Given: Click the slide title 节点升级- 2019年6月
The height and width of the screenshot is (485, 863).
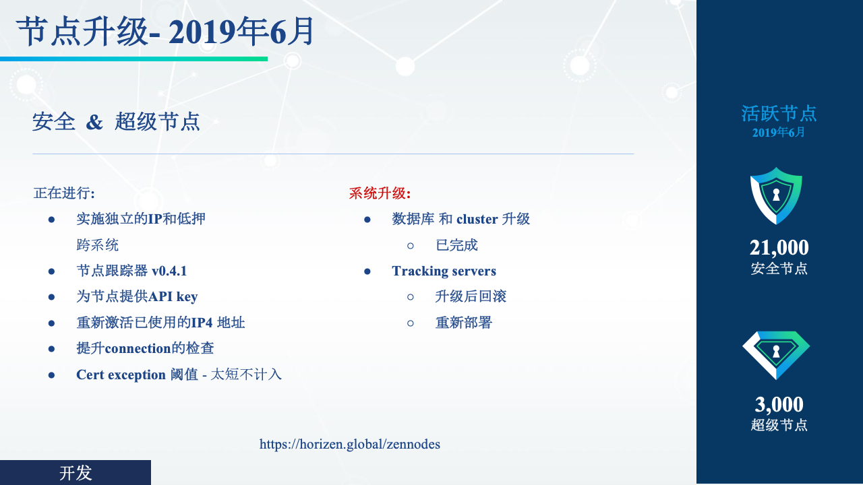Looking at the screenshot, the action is tap(165, 32).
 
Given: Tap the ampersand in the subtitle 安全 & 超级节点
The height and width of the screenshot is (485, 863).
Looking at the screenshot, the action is tap(94, 122).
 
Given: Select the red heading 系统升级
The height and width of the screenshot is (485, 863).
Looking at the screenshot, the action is tap(380, 193).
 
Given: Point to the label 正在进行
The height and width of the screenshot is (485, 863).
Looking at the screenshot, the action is tap(64, 193).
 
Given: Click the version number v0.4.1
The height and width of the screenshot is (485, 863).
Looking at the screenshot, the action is tap(169, 271).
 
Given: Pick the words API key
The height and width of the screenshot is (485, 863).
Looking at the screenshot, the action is tap(173, 297).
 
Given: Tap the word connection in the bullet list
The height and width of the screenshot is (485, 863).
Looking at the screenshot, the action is tap(138, 348).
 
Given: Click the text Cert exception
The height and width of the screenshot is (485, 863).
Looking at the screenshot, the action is tap(121, 375).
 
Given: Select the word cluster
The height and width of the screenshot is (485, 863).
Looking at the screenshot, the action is tap(477, 219).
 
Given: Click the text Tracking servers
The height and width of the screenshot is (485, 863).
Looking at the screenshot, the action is tap(444, 271).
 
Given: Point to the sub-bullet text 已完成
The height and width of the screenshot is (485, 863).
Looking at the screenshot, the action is tap(456, 245).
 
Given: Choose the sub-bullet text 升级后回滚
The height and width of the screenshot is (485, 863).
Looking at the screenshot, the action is tap(471, 296).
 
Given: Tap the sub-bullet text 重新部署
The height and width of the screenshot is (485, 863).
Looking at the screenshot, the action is tap(463, 323).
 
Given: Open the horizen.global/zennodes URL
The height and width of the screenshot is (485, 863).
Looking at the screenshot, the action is tap(349, 444).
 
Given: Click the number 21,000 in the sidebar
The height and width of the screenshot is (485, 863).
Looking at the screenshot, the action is tap(779, 247).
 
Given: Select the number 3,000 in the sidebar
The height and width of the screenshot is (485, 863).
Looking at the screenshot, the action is tap(779, 404).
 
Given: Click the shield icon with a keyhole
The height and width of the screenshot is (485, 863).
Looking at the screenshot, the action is tap(776, 195).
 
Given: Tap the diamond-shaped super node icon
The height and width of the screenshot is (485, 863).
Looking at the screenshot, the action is tap(776, 355).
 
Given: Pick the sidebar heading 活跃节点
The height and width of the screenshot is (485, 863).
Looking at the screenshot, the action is tap(779, 114).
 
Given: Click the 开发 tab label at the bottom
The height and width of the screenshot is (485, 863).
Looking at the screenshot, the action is tap(76, 473).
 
